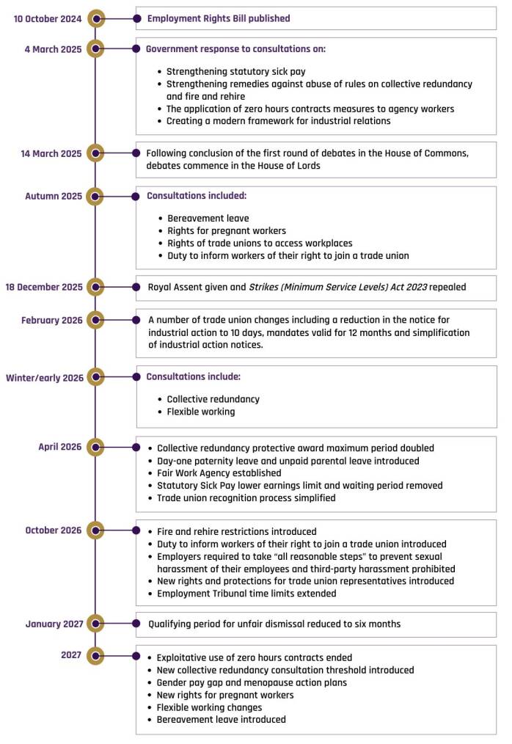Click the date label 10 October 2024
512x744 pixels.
(48, 18)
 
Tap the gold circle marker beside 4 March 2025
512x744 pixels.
(95, 49)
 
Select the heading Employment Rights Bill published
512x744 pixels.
(219, 18)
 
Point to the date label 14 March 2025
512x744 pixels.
(52, 153)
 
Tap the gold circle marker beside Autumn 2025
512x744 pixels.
(95, 196)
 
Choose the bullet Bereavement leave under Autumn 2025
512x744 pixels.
(208, 219)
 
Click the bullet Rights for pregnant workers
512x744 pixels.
(227, 231)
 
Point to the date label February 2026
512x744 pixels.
(52, 321)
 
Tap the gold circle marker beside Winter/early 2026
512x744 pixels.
(95, 377)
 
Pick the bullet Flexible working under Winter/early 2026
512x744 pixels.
(201, 412)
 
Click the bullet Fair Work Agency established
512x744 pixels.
(219, 473)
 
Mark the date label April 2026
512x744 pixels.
(60, 447)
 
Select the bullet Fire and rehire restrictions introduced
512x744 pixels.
(237, 531)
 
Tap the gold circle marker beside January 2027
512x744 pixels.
(95, 624)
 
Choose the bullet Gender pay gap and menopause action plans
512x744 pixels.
(252, 682)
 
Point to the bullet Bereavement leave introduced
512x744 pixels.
(222, 720)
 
